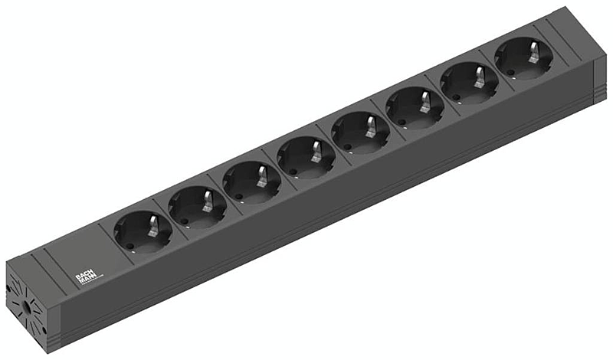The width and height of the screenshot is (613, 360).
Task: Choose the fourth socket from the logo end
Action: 306,159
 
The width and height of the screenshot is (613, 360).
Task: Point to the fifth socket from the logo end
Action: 360,133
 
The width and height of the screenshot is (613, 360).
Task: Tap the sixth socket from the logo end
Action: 415,110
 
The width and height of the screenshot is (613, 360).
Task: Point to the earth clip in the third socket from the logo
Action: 261,175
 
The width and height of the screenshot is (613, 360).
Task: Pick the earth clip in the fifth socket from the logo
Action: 369,125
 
